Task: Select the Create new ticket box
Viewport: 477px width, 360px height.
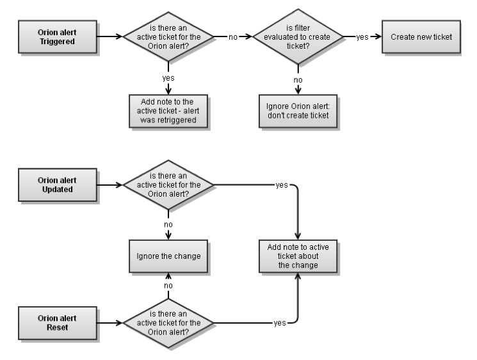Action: [x=421, y=37]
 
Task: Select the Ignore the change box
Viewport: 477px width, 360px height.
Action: [x=168, y=255]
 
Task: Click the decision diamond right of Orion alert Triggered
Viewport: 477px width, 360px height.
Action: [x=168, y=37]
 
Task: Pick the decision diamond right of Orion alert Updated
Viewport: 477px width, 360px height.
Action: [x=168, y=186]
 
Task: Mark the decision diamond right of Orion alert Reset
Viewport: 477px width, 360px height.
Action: [x=168, y=323]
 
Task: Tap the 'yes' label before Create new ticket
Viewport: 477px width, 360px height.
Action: [x=362, y=37]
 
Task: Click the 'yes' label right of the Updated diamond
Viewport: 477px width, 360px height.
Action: [x=281, y=186]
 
